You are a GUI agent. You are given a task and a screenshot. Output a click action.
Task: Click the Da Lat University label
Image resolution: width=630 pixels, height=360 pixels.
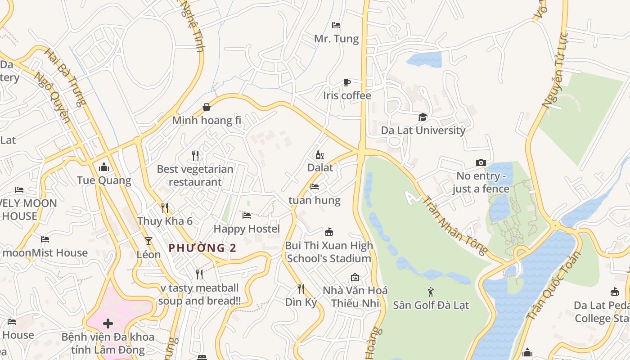[423, 130]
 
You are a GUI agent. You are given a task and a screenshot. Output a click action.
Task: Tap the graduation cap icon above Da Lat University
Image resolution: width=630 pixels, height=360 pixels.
[423, 117]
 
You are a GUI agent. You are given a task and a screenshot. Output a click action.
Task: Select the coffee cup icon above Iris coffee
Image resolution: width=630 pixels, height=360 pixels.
[347, 82]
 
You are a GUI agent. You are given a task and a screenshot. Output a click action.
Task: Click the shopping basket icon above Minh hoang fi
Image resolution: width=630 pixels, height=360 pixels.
[207, 107]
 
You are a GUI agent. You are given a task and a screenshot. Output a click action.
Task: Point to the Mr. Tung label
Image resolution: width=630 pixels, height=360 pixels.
[337, 39]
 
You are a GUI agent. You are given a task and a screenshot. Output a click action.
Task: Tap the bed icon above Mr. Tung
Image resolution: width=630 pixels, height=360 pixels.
[336, 25]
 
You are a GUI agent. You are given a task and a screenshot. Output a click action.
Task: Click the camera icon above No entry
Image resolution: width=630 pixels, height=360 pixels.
[481, 163]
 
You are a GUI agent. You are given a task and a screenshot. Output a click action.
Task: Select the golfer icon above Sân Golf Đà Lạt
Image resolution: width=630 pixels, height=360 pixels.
[431, 292]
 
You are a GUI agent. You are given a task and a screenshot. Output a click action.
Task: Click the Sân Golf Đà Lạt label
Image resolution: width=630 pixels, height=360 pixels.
[431, 306]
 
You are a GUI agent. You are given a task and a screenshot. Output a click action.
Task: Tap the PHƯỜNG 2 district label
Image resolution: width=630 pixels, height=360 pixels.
[202, 248]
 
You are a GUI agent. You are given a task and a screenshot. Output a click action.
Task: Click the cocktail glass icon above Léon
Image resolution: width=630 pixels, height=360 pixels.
[148, 241]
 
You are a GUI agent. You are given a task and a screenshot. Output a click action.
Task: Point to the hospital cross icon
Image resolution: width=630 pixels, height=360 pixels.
[108, 324]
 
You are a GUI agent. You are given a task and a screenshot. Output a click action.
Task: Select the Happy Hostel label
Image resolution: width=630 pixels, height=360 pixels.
[247, 229]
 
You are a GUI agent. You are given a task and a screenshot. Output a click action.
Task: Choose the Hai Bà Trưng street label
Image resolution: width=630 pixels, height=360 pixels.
[65, 77]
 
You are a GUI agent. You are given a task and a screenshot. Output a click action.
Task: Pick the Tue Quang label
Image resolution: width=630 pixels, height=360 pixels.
[104, 181]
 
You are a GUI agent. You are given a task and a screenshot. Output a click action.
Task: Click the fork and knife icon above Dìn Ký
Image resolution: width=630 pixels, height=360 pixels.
[301, 289]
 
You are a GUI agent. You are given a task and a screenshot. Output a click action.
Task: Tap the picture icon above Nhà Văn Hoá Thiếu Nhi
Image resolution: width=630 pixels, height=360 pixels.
[355, 277]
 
